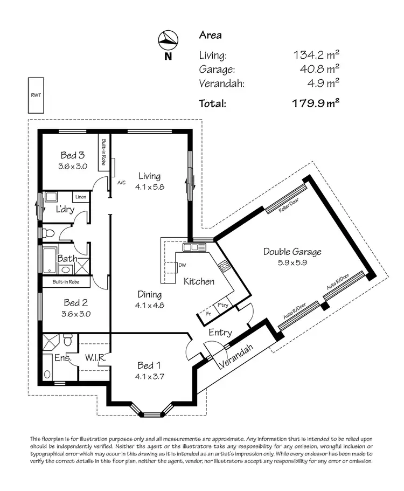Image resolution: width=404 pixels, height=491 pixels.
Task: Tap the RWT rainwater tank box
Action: point(36,95)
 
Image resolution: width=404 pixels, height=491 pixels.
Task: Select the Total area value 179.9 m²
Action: point(316,102)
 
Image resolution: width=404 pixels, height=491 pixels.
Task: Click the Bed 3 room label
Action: point(72,156)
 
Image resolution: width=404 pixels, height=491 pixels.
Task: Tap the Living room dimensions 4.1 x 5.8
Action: point(149,186)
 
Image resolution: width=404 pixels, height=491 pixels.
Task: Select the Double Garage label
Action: point(292,251)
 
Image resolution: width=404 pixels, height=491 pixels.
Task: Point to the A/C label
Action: point(121,183)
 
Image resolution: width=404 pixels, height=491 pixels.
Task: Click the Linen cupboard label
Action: point(80,197)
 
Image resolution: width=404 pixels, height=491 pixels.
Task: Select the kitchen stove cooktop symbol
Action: point(224,265)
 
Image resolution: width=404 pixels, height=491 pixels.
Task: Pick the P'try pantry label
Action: point(222,305)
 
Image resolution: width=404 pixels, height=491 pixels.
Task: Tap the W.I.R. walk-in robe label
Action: point(95,357)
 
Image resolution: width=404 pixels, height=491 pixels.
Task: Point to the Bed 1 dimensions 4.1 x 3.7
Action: point(149,376)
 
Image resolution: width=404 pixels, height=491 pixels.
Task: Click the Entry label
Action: point(220,333)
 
